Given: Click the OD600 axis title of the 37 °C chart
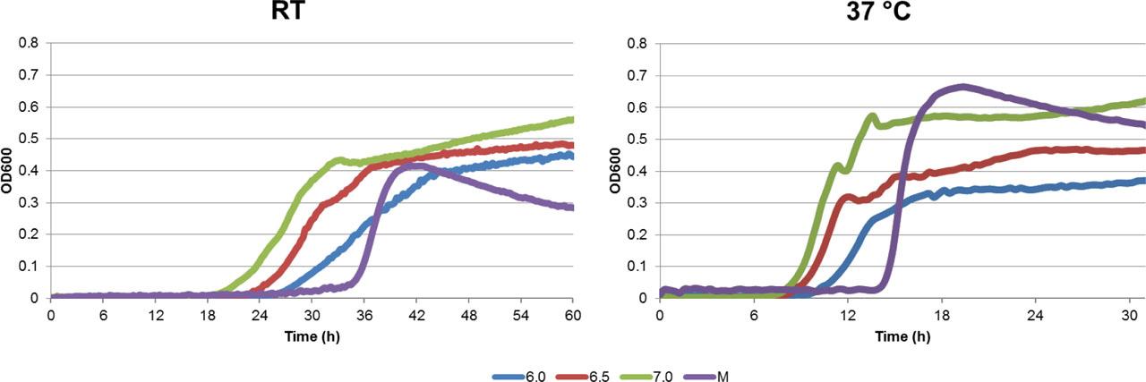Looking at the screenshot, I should click(617, 170).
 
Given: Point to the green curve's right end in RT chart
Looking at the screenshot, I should click(572, 119).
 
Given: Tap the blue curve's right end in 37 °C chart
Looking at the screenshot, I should click(1144, 180).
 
